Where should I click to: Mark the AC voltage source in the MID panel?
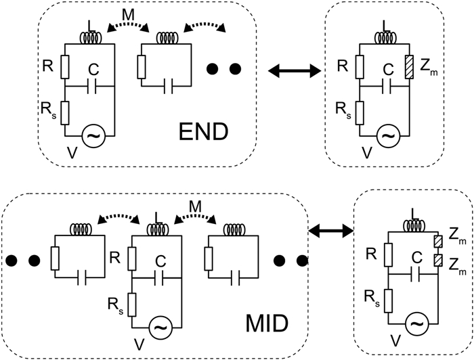(160, 328)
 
